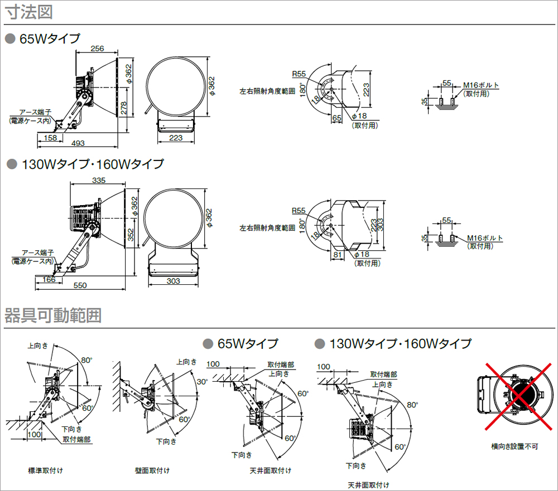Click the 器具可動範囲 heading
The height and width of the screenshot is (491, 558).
point(53,316)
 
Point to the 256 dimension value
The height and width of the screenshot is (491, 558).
point(97,48)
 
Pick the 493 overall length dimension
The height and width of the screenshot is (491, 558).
point(78,143)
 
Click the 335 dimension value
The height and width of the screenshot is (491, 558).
point(99,180)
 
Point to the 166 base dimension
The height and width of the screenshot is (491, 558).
point(49,279)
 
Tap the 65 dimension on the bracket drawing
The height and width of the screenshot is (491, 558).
point(336,118)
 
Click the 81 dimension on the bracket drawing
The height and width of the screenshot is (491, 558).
point(337,254)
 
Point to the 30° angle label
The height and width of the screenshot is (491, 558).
point(202,382)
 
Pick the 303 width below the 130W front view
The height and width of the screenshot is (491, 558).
point(174,281)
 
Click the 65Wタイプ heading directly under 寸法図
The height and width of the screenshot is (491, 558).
point(50,39)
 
